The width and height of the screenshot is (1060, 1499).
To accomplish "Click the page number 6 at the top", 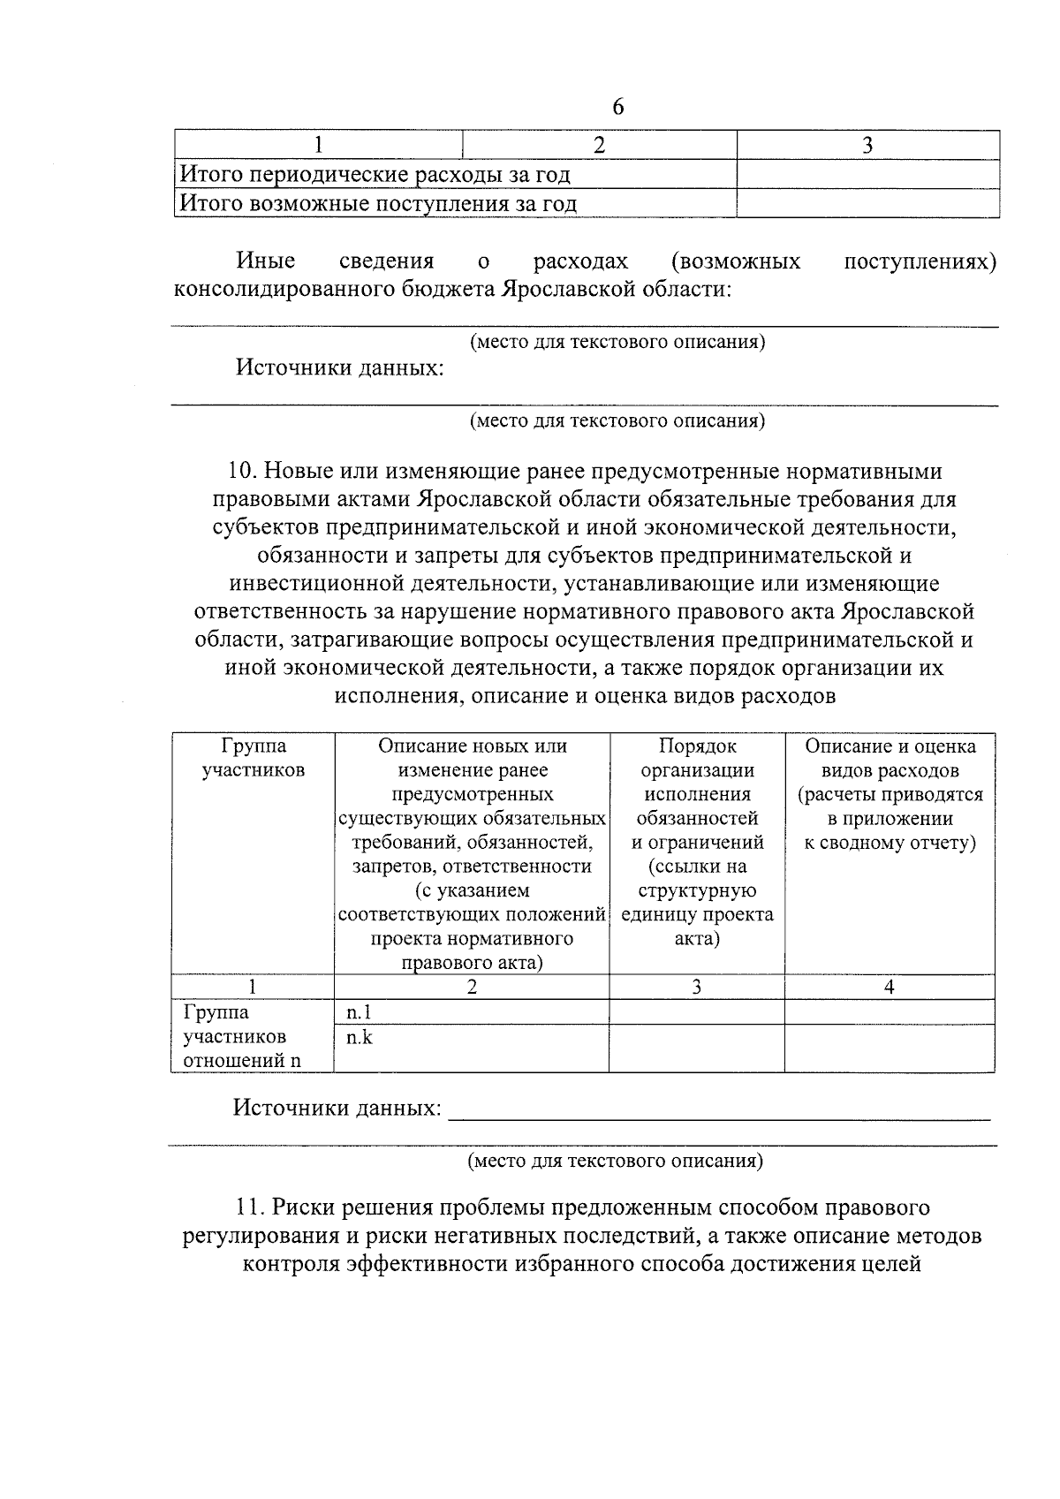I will (617, 107).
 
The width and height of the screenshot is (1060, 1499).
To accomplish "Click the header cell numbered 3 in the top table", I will (867, 146).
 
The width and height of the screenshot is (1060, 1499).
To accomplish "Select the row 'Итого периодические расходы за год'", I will (375, 175).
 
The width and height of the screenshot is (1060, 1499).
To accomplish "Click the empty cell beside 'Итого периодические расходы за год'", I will (867, 175).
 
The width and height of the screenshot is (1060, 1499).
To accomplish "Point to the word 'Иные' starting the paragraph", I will (265, 261).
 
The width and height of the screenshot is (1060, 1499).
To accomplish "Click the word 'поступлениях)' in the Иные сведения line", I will (920, 261).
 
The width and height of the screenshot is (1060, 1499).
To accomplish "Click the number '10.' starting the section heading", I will (244, 471).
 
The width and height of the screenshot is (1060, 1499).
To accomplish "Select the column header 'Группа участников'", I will (253, 758).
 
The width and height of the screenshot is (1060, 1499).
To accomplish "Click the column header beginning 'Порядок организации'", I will (697, 842).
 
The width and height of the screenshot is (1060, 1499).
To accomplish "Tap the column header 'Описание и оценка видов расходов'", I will (890, 794).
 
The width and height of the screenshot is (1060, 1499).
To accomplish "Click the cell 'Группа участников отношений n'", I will (242, 1036).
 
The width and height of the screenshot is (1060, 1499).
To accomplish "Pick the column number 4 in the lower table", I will (890, 988).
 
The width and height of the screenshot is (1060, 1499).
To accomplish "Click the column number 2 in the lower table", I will (472, 988).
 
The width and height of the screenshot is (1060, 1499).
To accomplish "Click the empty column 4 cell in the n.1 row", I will (890, 1012).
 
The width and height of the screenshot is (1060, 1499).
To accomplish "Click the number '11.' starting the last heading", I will (251, 1207).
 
